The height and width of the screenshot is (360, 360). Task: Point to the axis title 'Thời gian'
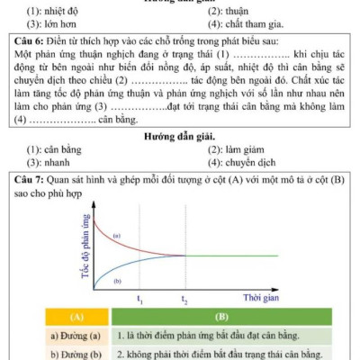click(x=261, y=295)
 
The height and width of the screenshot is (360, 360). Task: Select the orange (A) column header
click(x=76, y=318)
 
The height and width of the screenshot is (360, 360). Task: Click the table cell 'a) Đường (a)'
click(x=76, y=336)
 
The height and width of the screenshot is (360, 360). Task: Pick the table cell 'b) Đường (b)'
click(x=76, y=354)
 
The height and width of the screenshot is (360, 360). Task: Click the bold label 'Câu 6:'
click(x=32, y=42)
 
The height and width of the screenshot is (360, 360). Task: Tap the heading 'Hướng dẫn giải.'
click(x=179, y=136)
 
